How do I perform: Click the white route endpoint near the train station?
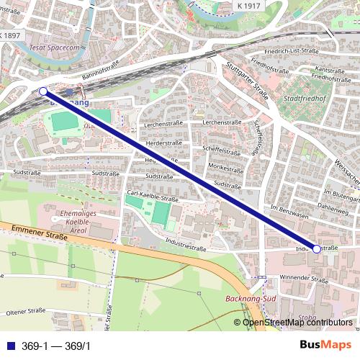click(x=42, y=91)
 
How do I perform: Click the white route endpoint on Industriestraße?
click(x=317, y=248)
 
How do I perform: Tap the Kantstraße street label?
click(x=329, y=71)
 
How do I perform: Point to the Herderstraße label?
click(x=163, y=143)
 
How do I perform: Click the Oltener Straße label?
click(x=25, y=312)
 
